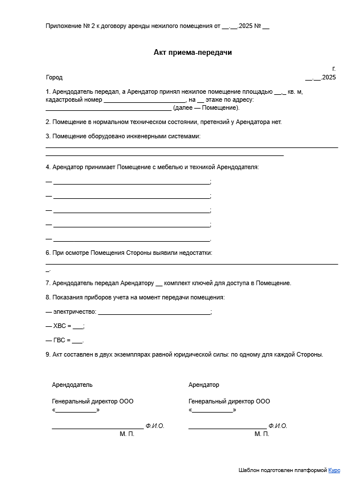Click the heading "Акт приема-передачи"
193,53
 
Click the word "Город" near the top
54,77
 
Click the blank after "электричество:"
154,312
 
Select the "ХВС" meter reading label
59,326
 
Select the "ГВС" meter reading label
59,341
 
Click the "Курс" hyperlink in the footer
334,470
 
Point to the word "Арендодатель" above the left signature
72,385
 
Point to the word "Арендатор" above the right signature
204,385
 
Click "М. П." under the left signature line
127,434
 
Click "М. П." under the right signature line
262,434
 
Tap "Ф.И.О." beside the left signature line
155,426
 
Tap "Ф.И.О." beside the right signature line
278,426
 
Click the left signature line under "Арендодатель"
97,427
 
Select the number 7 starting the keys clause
47,283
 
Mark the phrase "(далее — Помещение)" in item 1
206,107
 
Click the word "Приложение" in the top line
63,26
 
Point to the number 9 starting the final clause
47,354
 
